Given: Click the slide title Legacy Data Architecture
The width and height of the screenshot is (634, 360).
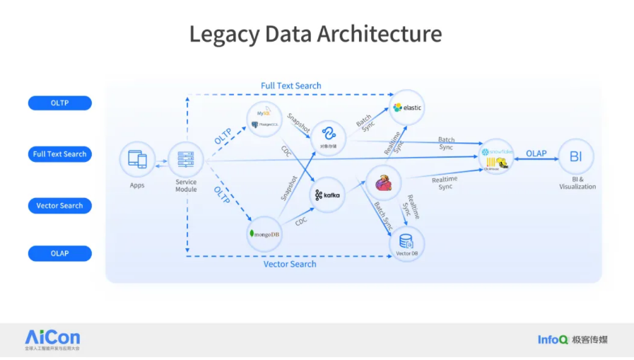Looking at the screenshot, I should pos(315,34).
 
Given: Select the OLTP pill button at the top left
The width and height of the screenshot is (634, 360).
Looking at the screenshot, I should pos(60,103).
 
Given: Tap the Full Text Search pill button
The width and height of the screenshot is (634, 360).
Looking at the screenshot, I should pos(60,154).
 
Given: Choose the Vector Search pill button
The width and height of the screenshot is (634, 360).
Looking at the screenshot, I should pos(60,206).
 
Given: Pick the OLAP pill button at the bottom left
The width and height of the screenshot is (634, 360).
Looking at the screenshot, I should pos(60,253).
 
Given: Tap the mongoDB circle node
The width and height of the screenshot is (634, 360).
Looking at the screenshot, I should pos(264,233).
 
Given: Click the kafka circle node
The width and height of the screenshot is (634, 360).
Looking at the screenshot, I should pos(327,194).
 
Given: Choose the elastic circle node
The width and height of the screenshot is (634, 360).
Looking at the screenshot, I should pos(408,107).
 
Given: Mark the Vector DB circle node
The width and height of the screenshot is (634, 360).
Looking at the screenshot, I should pos(406,242).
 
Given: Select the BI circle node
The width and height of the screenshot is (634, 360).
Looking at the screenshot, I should pos(576,156).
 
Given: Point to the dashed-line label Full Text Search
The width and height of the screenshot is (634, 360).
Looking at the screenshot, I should pos(290,86).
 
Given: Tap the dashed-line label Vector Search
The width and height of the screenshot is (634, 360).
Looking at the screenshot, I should pos(290,264).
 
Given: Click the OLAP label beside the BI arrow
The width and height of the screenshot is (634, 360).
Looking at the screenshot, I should pos(536,153).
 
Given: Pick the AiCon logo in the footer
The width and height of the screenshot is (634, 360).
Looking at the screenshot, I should pos(52,338).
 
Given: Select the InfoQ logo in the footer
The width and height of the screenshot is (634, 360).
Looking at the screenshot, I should pos(553,339).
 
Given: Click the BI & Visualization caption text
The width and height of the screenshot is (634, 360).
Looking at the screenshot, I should pos(577,183).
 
